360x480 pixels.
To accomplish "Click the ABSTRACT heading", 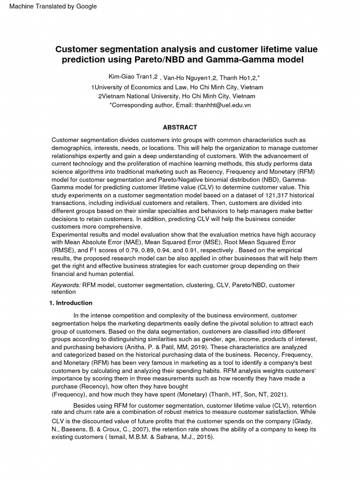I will [180, 127].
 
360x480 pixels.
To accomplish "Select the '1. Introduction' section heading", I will [71, 303].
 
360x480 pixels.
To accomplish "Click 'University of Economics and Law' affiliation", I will [140, 87].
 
